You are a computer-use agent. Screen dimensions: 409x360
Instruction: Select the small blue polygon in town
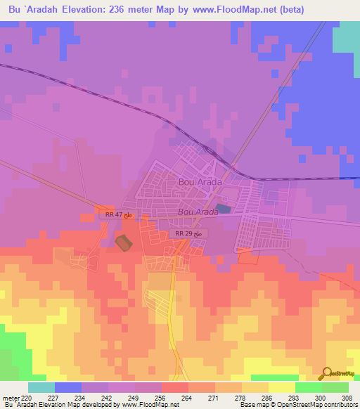[x=223, y=209]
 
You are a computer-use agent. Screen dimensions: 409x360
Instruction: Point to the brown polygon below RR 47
[x=123, y=243]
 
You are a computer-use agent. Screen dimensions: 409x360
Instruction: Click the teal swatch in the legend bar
[x=41, y=387]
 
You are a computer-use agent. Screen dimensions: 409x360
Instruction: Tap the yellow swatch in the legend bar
[x=281, y=387]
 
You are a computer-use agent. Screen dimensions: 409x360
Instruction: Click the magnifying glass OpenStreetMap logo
[x=326, y=374]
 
